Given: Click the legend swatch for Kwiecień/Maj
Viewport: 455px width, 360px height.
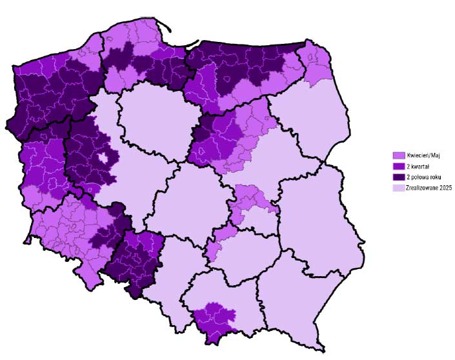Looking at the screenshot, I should pyautogui.click(x=398, y=155).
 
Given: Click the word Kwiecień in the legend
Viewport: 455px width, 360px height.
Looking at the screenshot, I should pyautogui.click(x=416, y=155).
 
